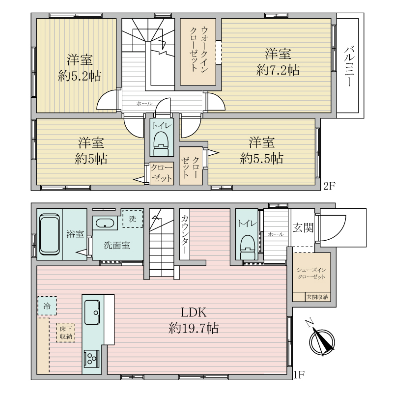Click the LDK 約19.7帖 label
(x=194, y=320)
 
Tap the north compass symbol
(x=321, y=341)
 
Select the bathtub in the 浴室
(x=50, y=234)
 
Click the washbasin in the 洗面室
(x=105, y=223)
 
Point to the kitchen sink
(x=92, y=312)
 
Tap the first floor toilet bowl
(x=248, y=247)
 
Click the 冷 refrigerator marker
(x=47, y=306)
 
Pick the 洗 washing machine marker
(x=133, y=219)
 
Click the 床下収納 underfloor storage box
(x=66, y=333)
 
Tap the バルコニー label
(x=349, y=66)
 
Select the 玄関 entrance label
(x=303, y=228)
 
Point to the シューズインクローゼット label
(x=311, y=273)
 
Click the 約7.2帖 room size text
(x=278, y=70)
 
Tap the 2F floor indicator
(x=329, y=186)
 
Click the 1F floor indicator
(x=299, y=375)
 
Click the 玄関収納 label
(x=317, y=297)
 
